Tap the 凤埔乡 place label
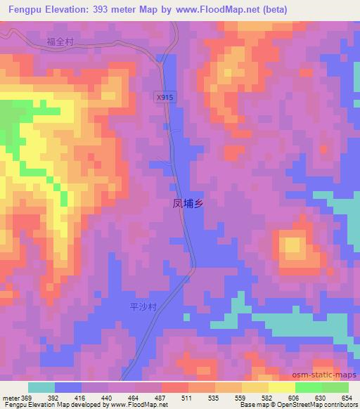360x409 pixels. coord(188,204)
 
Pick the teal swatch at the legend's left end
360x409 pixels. coord(41,387)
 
